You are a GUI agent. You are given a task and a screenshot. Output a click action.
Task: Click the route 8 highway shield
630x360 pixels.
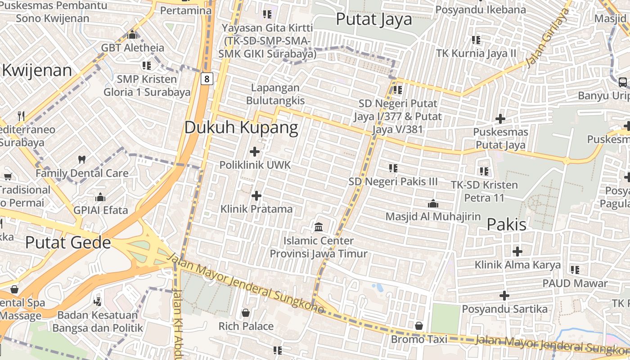[x=207, y=79]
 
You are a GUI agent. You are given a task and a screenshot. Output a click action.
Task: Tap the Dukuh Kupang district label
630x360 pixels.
[x=241, y=128]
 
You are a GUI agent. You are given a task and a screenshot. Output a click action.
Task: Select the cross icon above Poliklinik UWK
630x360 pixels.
[x=255, y=151]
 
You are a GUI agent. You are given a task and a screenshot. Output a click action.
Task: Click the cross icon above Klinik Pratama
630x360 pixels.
[x=256, y=195]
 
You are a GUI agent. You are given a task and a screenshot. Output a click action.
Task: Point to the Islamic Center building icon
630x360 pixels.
[x=319, y=227]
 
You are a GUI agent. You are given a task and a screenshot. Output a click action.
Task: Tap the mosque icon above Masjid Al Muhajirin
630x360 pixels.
[x=433, y=203]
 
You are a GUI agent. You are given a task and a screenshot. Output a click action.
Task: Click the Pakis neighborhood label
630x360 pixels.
[x=507, y=224]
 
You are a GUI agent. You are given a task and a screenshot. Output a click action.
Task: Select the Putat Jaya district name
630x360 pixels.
[x=374, y=19]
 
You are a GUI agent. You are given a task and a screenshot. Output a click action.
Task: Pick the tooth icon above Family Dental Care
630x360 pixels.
[x=82, y=159]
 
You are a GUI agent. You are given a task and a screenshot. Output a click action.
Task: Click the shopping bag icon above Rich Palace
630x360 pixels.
[x=246, y=312]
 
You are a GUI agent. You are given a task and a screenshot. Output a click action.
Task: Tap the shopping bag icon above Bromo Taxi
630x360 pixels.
[x=419, y=325]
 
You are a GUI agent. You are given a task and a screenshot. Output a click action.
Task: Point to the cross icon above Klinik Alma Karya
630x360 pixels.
[x=517, y=251]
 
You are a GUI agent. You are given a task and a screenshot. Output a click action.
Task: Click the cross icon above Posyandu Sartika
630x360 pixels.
[x=504, y=296]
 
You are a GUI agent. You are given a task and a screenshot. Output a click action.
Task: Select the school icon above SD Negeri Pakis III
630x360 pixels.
[x=393, y=168]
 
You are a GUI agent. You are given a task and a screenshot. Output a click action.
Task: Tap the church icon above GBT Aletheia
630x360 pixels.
[x=132, y=34]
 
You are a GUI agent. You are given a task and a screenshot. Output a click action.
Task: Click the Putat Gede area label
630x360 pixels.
[x=68, y=243]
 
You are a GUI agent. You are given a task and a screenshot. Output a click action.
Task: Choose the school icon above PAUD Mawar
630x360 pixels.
[x=575, y=270]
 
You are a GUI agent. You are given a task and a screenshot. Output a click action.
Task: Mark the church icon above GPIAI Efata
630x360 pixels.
[x=100, y=197]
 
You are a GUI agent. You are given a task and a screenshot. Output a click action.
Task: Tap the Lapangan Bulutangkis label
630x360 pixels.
[x=275, y=94]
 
